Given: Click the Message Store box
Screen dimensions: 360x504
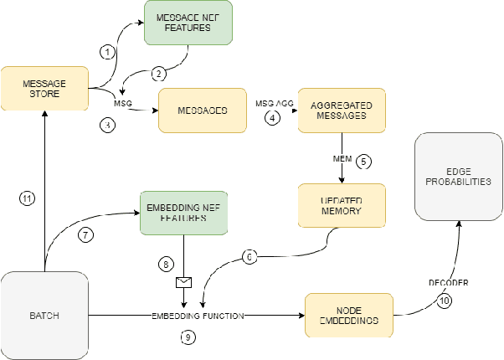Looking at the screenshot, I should [x=44, y=90].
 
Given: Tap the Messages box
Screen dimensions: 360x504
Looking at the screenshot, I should [x=203, y=110].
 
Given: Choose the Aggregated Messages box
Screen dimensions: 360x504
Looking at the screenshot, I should [x=342, y=111].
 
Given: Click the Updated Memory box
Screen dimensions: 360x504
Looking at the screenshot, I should [x=342, y=204].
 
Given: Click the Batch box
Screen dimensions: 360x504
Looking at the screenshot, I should [x=44, y=316].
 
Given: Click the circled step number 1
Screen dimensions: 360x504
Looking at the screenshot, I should [x=106, y=52].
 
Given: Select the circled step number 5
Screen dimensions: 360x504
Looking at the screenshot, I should [x=363, y=159].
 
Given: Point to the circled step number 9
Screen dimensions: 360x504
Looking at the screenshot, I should [x=189, y=337].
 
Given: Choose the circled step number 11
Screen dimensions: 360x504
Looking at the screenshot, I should [x=27, y=198].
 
